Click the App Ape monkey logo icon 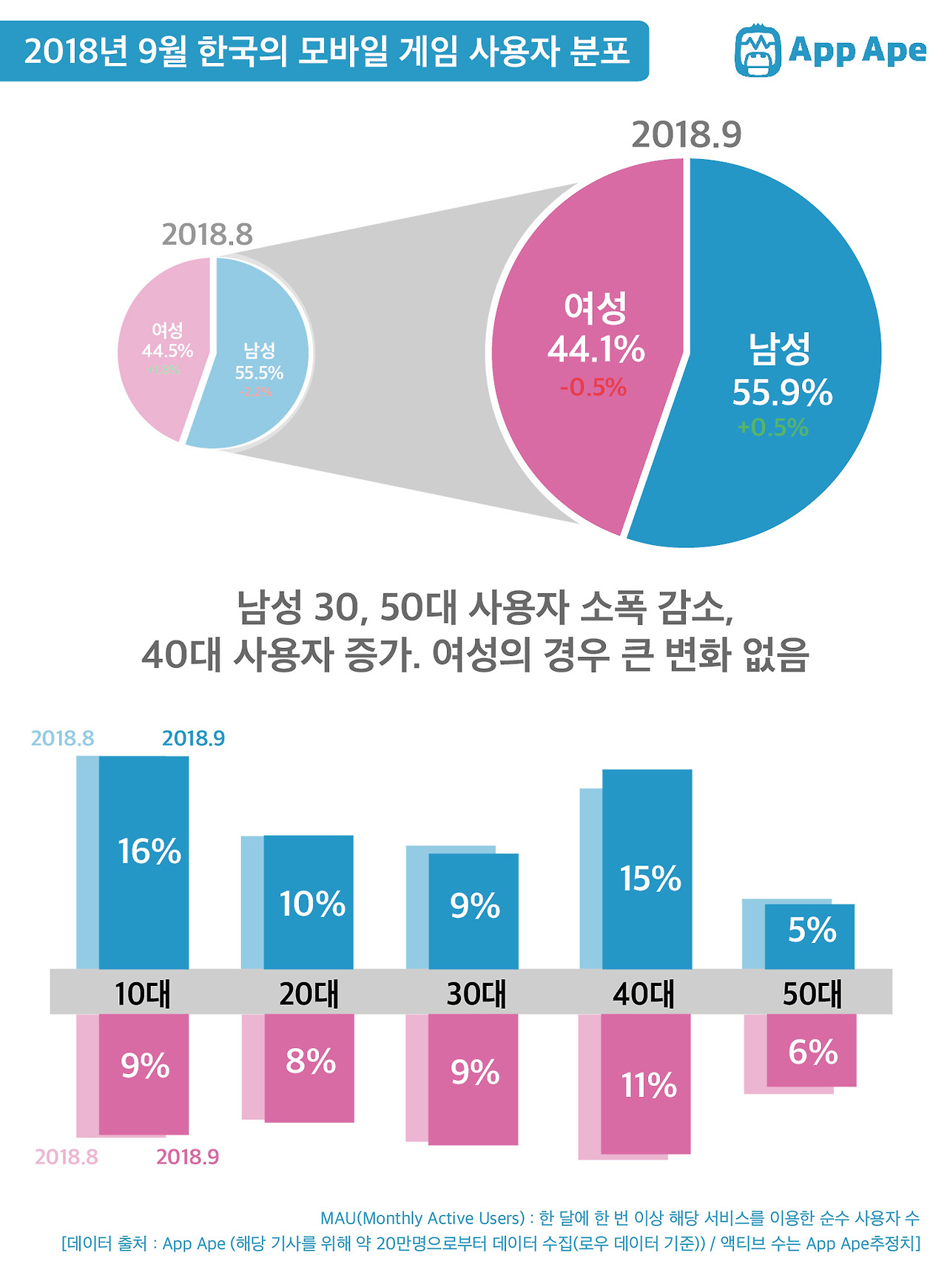pyautogui.click(x=757, y=50)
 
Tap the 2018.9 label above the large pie pyautogui.click(x=686, y=135)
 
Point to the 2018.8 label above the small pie pyautogui.click(x=207, y=234)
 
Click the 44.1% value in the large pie pyautogui.click(x=596, y=349)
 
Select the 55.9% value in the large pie pyautogui.click(x=782, y=393)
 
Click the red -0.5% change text pyautogui.click(x=593, y=387)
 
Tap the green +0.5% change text pyautogui.click(x=772, y=428)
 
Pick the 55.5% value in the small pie pyautogui.click(x=259, y=373)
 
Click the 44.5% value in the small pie pyautogui.click(x=167, y=351)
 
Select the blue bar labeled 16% pyautogui.click(x=144, y=862)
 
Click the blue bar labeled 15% pyautogui.click(x=647, y=869)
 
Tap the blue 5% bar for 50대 pyautogui.click(x=810, y=936)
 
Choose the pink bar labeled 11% pyautogui.click(x=646, y=1084)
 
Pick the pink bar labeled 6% pyautogui.click(x=812, y=1050)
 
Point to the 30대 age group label pyautogui.click(x=476, y=993)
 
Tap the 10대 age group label pyautogui.click(x=143, y=993)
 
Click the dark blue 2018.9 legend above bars pyautogui.click(x=193, y=738)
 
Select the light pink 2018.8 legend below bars pyautogui.click(x=67, y=1157)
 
